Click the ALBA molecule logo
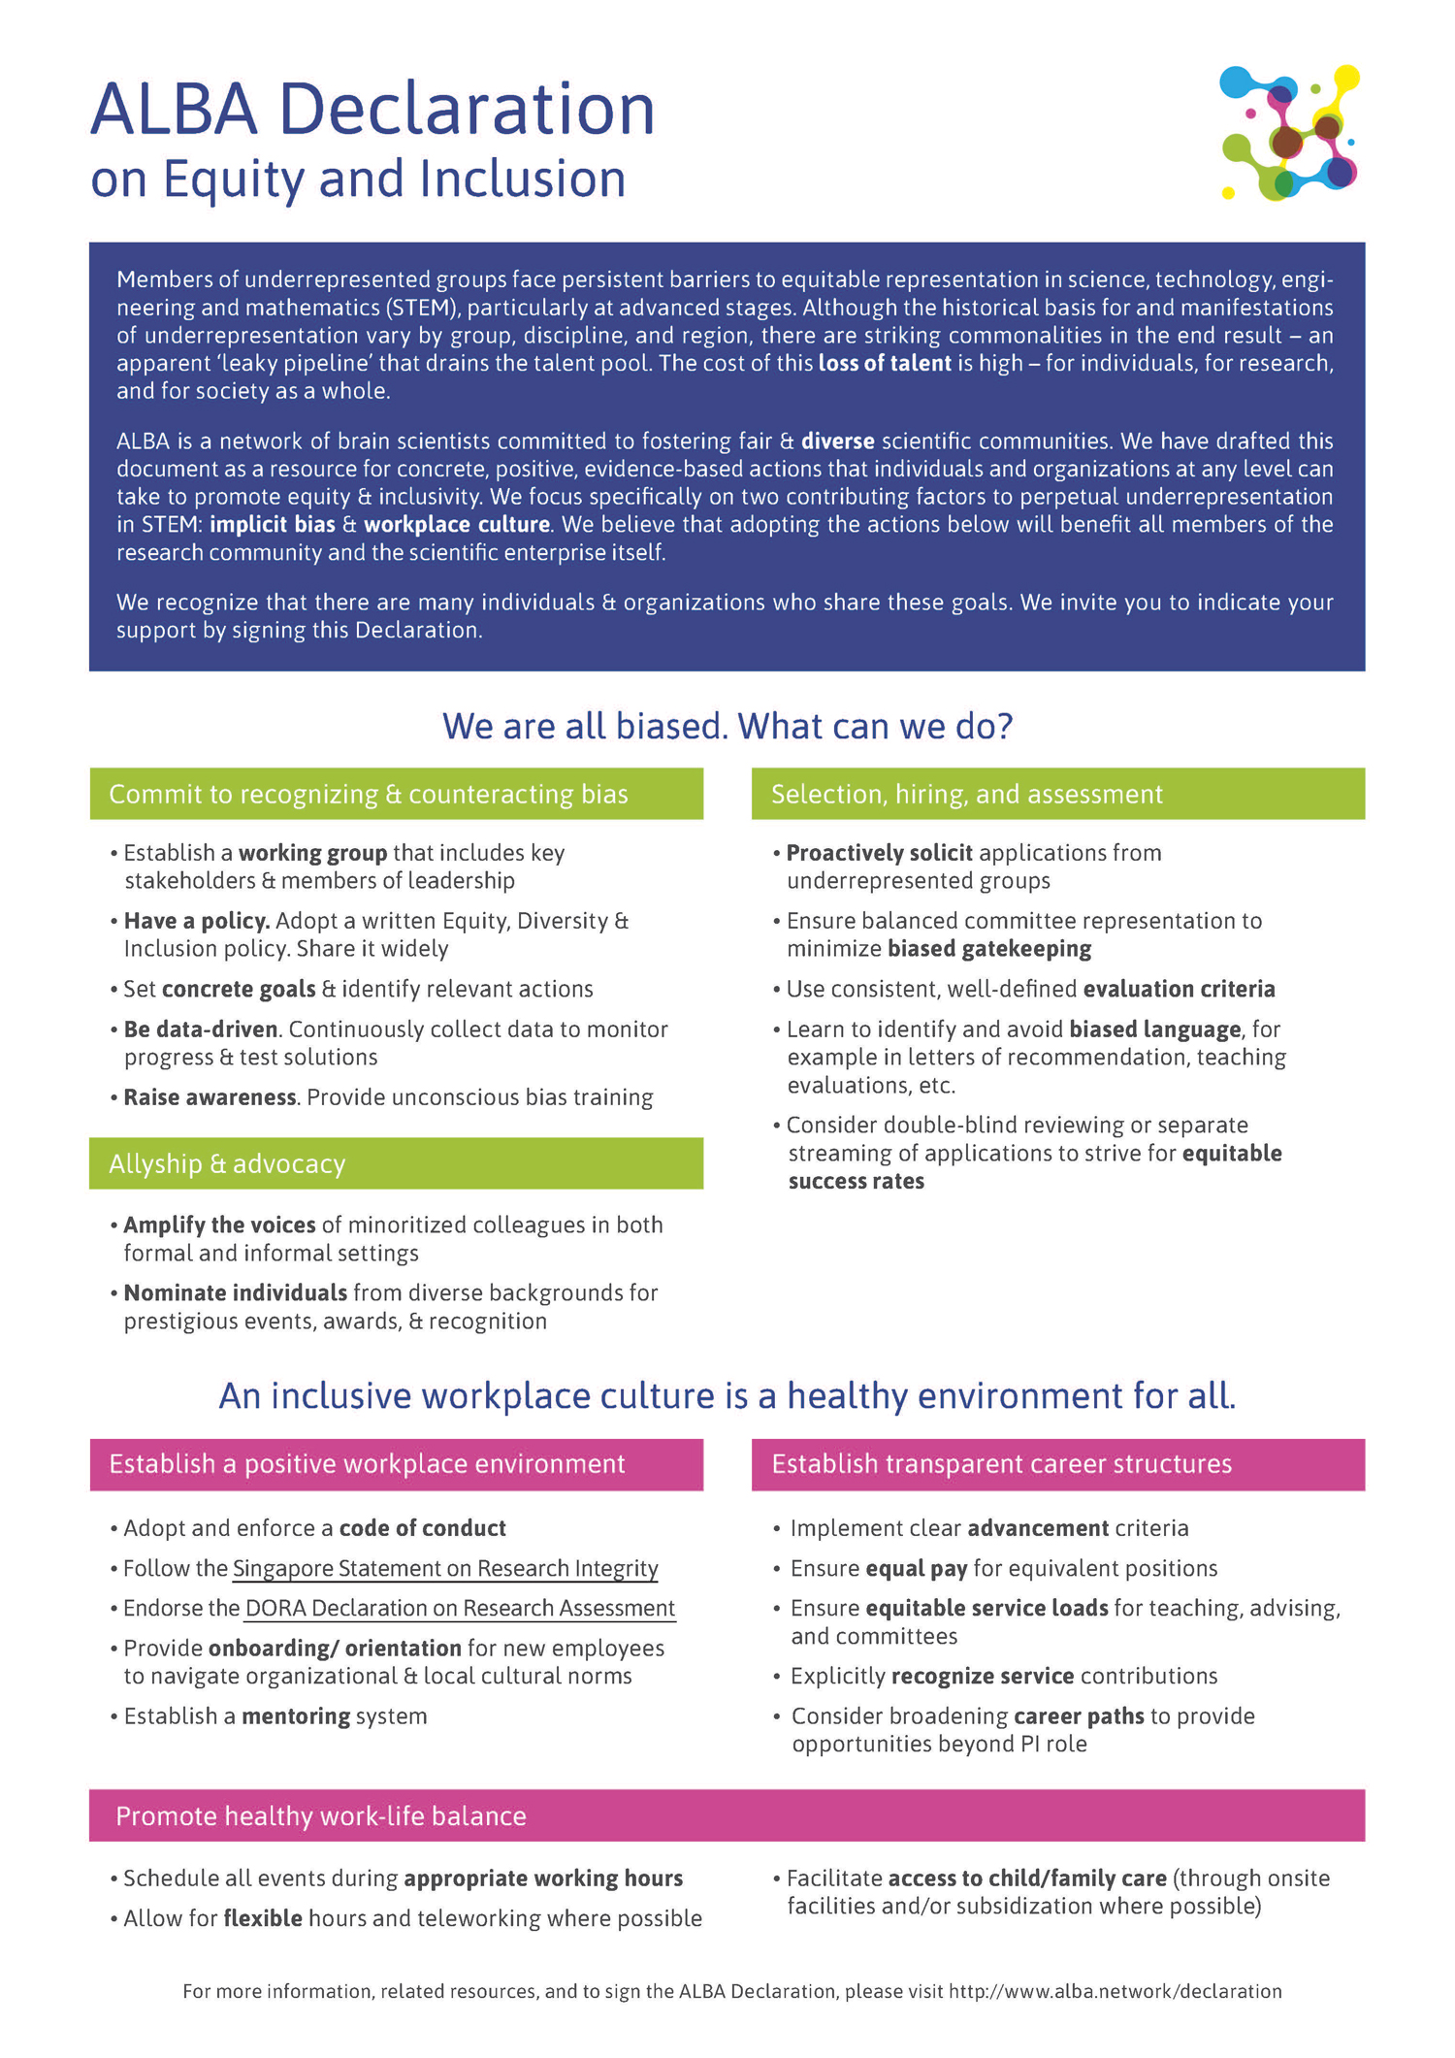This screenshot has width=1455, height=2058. coord(1289,133)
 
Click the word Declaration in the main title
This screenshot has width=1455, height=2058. coord(467,109)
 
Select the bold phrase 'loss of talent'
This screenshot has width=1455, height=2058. coord(884,364)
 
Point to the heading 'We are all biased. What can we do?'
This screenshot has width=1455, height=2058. coord(727,726)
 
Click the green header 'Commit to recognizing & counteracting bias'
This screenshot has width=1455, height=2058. coord(396,795)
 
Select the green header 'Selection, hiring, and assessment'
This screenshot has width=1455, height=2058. coord(1057,795)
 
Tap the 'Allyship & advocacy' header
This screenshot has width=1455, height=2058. coord(396,1164)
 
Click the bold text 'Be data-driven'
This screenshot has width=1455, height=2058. coord(201,1029)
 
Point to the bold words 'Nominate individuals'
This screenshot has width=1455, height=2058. coord(235,1293)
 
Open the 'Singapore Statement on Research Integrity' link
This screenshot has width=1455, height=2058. coord(445,1569)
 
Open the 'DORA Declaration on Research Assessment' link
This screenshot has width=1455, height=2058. coord(460,1609)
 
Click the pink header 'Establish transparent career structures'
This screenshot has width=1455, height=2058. coord(1057,1464)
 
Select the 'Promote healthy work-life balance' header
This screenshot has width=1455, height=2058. coord(727,1816)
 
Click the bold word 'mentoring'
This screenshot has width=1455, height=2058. coord(296,1716)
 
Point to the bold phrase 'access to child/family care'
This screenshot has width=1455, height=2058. coord(1026,1878)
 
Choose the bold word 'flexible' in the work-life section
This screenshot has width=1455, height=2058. coord(263,1918)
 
